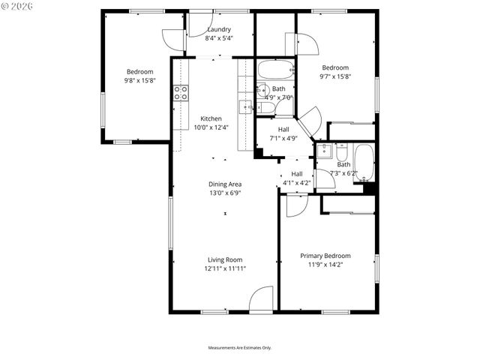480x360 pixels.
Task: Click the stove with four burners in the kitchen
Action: tap(181, 92)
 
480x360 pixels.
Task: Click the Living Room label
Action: tap(224, 259)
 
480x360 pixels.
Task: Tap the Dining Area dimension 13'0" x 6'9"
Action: tap(225, 193)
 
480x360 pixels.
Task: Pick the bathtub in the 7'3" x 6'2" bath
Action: tap(364, 163)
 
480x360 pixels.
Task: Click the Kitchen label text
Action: tap(210, 118)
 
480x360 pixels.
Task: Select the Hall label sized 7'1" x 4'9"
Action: tap(284, 129)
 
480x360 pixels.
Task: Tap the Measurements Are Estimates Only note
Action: tap(239, 348)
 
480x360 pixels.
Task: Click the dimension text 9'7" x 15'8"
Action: tap(335, 76)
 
